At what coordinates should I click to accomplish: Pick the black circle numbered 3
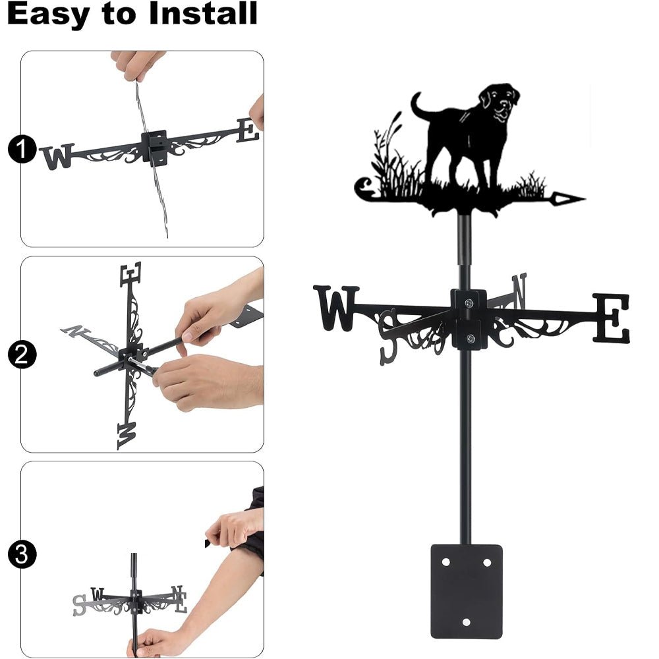point(22,555)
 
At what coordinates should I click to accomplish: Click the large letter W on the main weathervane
point(336,307)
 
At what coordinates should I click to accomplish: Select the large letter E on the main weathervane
point(611,318)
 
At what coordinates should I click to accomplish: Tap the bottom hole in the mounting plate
point(467,621)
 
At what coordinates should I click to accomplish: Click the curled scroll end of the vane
point(364,188)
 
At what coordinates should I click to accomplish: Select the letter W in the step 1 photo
point(57,157)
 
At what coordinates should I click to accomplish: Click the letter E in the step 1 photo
point(247,130)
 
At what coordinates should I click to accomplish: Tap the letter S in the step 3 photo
point(80,603)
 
